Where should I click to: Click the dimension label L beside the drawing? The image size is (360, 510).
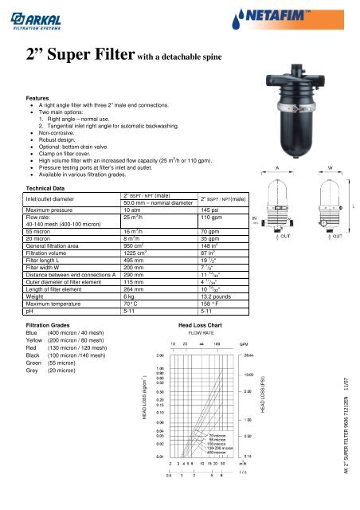354,206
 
